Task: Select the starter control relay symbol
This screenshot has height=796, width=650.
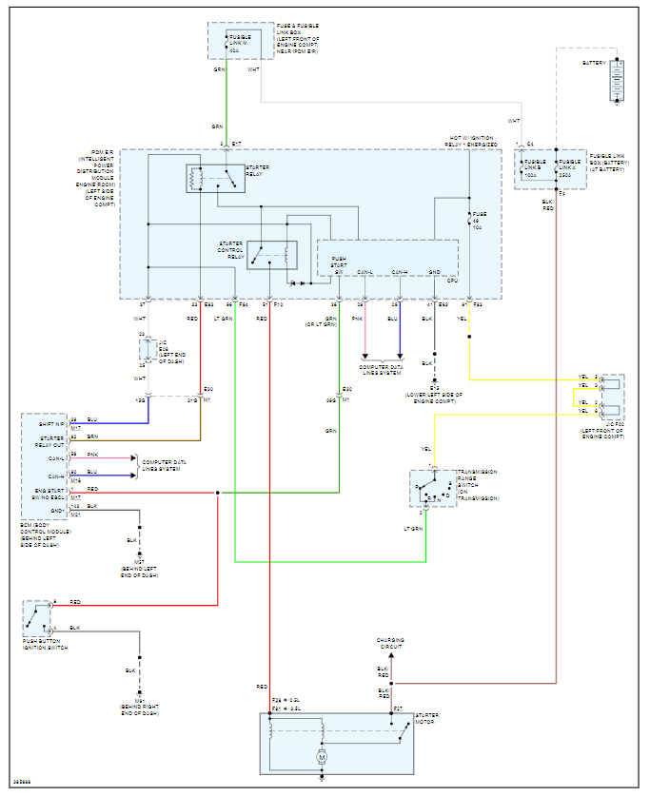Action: point(266,255)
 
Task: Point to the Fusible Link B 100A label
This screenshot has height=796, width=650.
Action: point(537,165)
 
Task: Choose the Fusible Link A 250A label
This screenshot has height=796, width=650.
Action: point(571,165)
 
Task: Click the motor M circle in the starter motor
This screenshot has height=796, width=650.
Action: point(322,755)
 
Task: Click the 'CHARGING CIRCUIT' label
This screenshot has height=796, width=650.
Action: point(390,644)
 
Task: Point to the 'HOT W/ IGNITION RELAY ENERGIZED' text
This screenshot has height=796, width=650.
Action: point(473,141)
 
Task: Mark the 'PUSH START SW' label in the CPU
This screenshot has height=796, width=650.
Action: point(340,262)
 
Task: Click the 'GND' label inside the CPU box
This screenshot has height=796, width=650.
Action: point(434,272)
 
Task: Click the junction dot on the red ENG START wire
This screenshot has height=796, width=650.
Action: point(218,493)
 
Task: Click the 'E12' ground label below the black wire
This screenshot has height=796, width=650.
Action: point(434,388)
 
